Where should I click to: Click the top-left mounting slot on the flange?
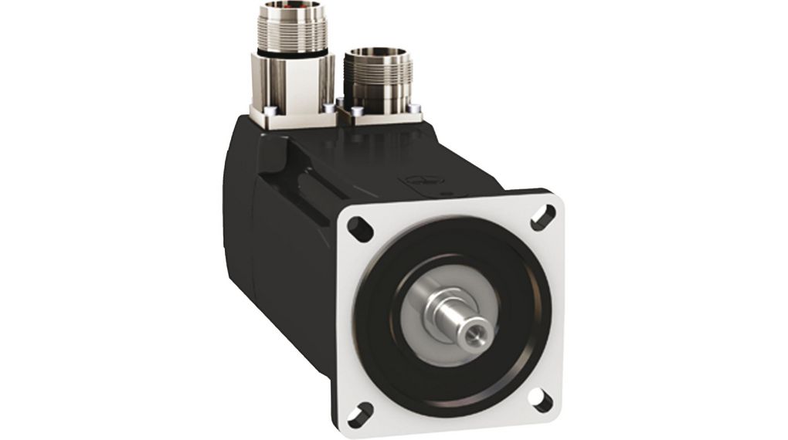point(357,226)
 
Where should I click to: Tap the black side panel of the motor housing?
point(270,247)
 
